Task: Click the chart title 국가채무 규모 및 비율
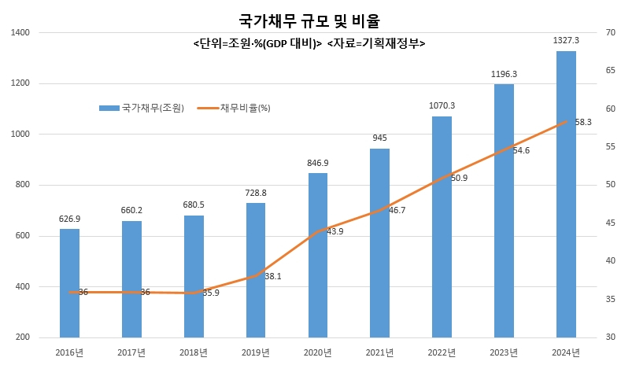(x=309, y=20)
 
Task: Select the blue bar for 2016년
(x=69, y=283)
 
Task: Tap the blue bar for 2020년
(x=318, y=256)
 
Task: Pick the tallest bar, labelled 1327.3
(x=566, y=194)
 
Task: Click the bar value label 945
(x=380, y=138)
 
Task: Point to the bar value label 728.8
(x=256, y=193)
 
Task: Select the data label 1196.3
(x=504, y=74)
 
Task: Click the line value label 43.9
(x=335, y=231)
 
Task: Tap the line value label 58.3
(x=583, y=123)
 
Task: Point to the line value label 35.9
(x=211, y=293)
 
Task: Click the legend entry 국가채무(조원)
(x=142, y=108)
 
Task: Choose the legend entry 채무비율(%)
(x=234, y=108)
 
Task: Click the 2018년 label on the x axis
(x=194, y=352)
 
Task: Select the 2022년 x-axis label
(x=442, y=352)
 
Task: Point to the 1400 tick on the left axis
(x=20, y=32)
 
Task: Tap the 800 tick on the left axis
(x=23, y=185)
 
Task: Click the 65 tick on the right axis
(x=610, y=70)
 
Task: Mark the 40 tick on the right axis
(x=610, y=260)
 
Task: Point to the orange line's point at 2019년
(x=256, y=275)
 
